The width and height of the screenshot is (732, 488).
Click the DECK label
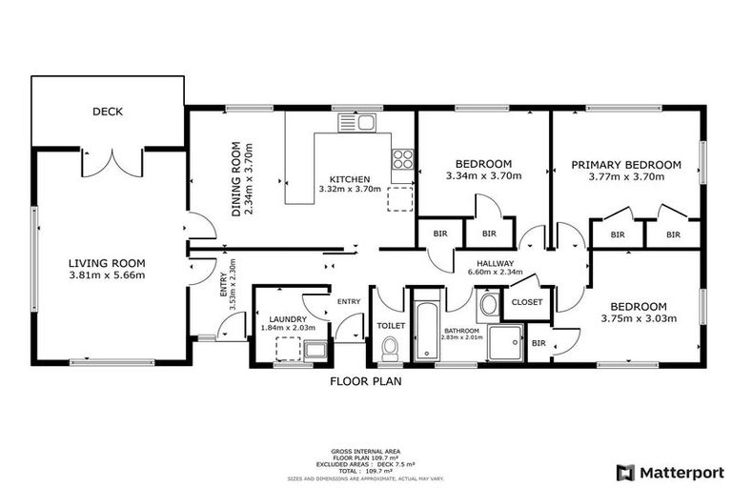108,112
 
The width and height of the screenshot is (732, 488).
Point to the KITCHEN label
350,178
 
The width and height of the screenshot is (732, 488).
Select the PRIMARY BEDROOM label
626,165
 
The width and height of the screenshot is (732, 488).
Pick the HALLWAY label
491,264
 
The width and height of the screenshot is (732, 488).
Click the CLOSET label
527,302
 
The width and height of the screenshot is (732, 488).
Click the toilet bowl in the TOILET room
389,353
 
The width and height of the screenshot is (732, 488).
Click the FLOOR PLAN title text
366,381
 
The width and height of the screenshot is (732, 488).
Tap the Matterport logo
670,472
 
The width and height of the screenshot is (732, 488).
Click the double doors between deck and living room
112,162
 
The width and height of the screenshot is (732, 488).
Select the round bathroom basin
488,305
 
